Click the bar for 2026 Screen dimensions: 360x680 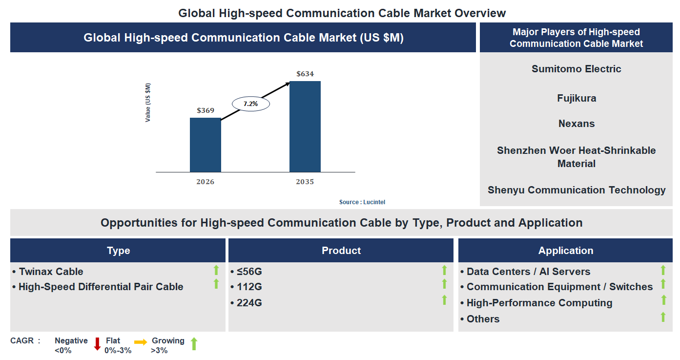click(205, 145)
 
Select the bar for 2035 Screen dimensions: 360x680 click(305, 127)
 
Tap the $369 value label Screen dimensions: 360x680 click(206, 110)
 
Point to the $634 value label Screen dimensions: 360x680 click(305, 74)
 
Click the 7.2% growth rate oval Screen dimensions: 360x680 click(250, 104)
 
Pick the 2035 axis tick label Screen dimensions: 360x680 click(305, 182)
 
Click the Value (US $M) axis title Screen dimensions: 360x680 click(148, 102)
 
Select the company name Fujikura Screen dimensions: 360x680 click(577, 98)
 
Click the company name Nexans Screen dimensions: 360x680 click(577, 124)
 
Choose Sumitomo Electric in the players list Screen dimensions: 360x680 click(577, 69)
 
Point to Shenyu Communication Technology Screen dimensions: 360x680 click(577, 190)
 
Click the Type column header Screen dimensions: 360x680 click(118, 251)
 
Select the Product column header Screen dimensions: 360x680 click(341, 251)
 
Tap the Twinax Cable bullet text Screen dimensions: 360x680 click(51, 272)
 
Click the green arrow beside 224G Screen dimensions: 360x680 click(444, 300)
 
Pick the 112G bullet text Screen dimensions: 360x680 click(249, 287)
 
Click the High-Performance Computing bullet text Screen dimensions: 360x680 click(539, 303)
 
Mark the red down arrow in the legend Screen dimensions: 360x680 click(97, 344)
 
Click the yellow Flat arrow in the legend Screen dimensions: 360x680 click(141, 342)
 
